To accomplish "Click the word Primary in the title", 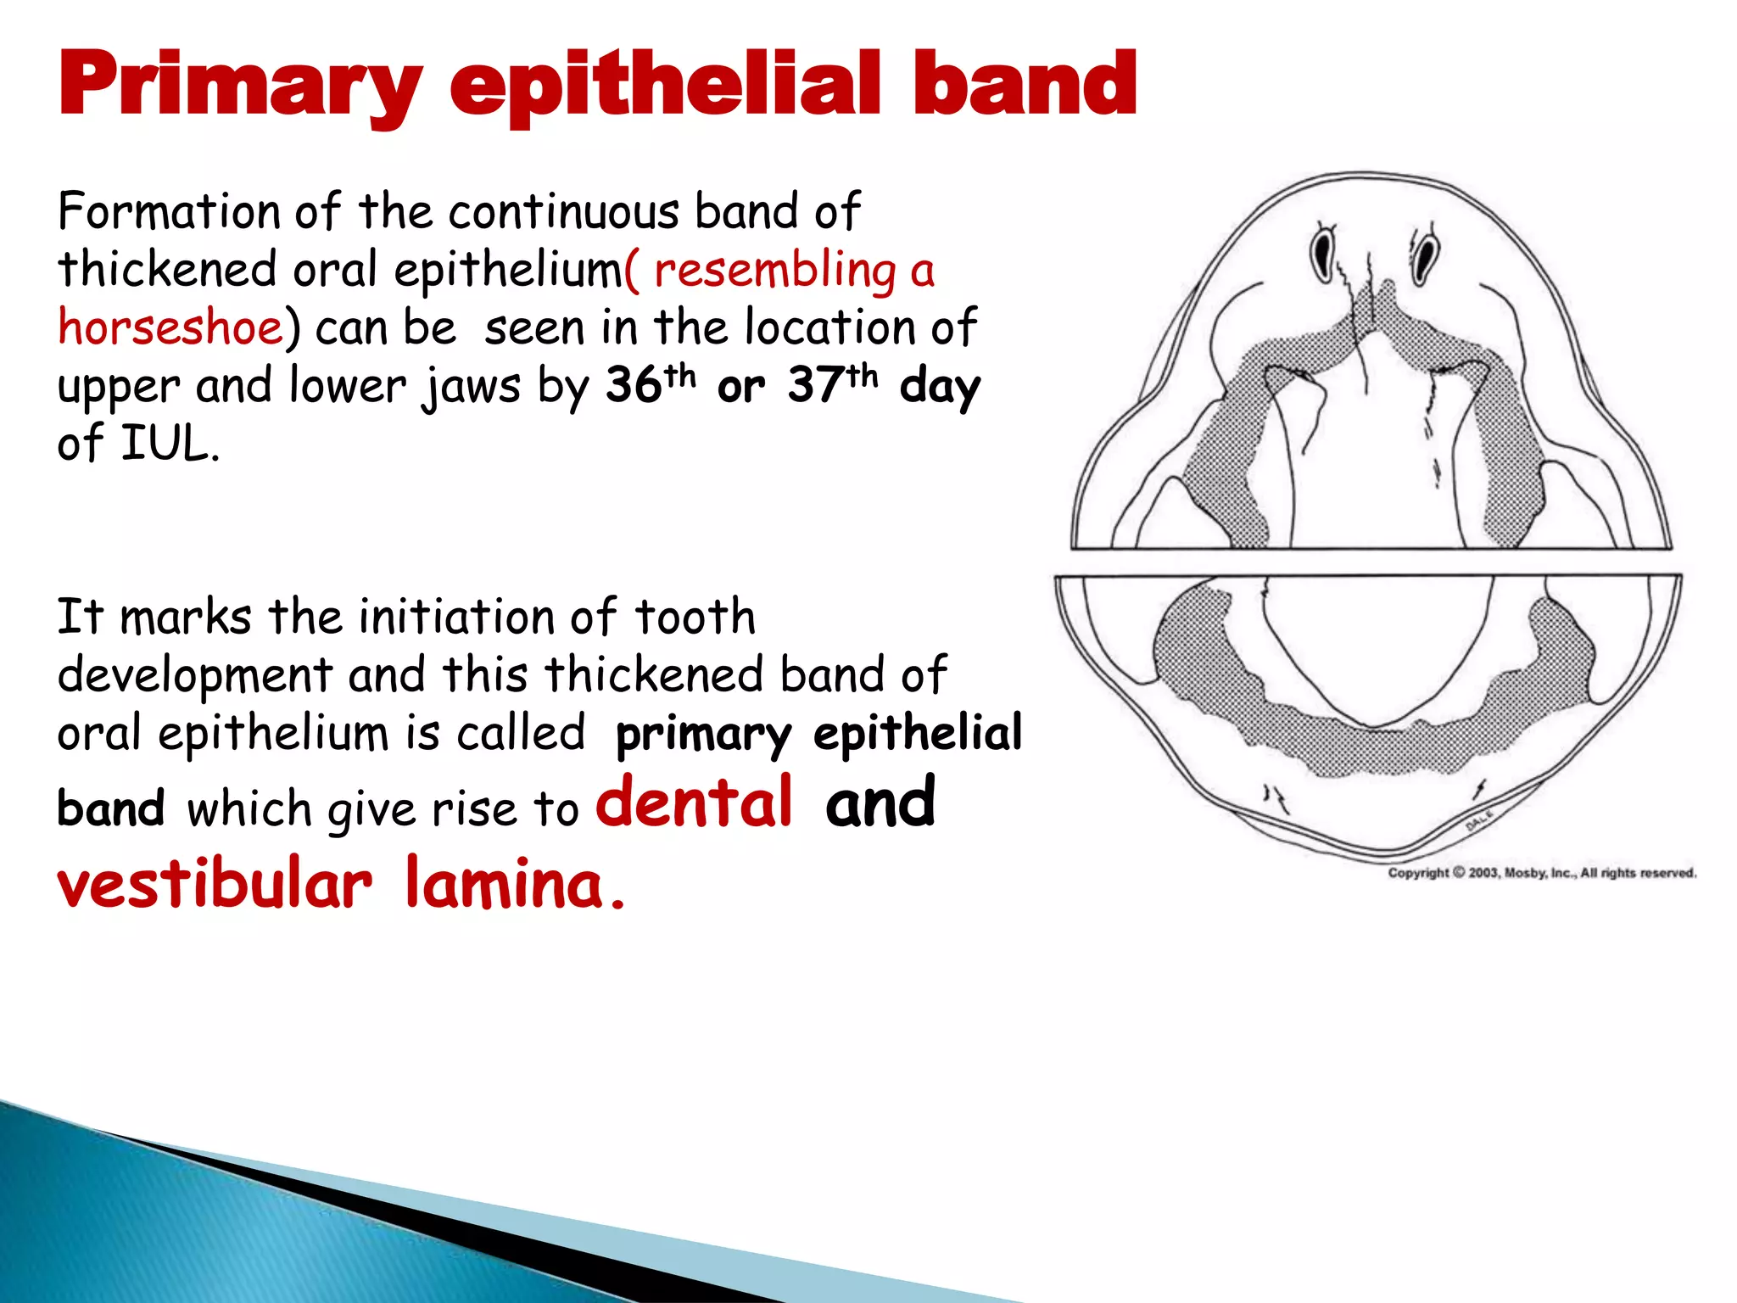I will click(240, 86).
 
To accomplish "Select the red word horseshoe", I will click(170, 327).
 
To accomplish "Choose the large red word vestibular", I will click(215, 884).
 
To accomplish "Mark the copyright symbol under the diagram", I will click(1459, 873).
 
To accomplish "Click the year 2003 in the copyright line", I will click(1484, 873).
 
